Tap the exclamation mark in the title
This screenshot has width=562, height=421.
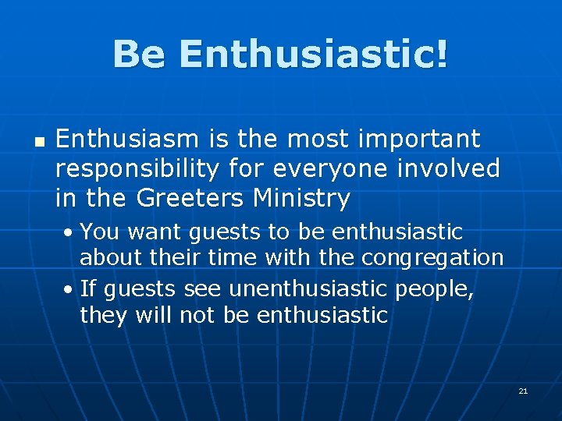[441, 55]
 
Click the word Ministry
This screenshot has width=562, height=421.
[301, 199]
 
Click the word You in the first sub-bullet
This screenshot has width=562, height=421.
[98, 232]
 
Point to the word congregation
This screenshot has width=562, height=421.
[434, 258]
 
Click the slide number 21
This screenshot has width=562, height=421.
[523, 391]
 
